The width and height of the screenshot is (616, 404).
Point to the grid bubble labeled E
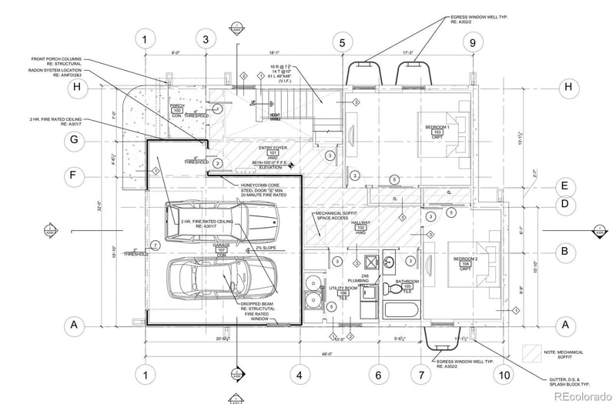(564, 185)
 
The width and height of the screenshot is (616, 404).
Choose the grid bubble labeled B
(564, 251)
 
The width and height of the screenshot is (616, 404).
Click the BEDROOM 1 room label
(436, 129)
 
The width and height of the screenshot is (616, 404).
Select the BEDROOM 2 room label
(464, 261)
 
